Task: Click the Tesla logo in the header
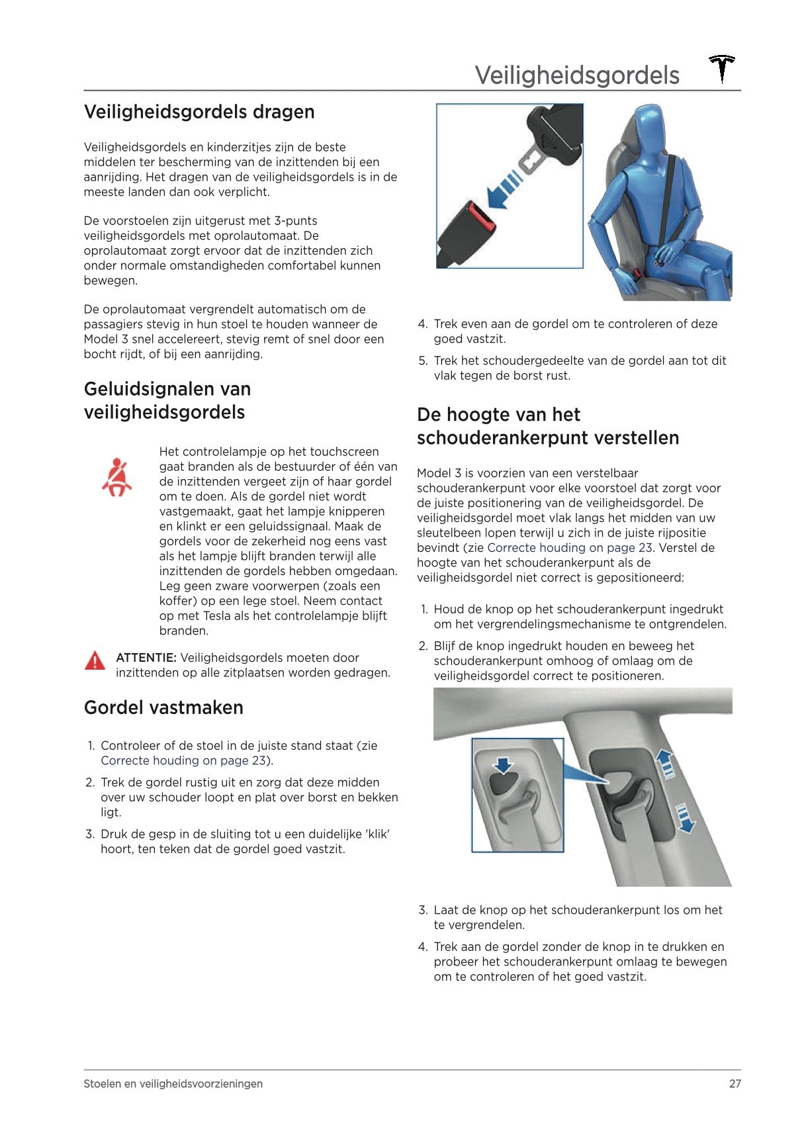click(722, 69)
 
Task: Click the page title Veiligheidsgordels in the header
click(577, 75)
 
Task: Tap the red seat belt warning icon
click(116, 477)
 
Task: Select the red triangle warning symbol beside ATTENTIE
click(95, 660)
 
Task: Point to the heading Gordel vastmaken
click(163, 707)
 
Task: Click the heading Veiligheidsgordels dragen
click(199, 112)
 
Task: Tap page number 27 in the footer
click(735, 1084)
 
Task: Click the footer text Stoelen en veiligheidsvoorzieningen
click(173, 1084)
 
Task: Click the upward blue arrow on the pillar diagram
click(666, 764)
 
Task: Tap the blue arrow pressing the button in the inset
click(504, 766)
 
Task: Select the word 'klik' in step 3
click(377, 834)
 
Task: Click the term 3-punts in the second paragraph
click(295, 221)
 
